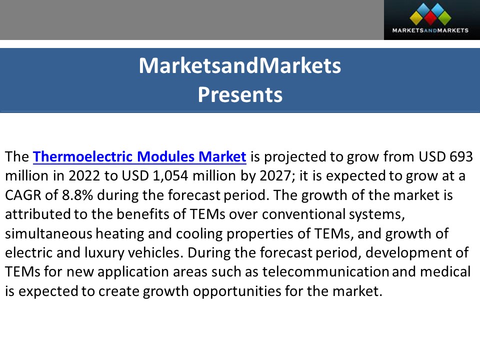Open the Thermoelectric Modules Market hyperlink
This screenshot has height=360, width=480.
(x=139, y=157)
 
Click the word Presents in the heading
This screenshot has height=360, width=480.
(x=240, y=94)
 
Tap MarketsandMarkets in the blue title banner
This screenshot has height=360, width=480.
(x=240, y=66)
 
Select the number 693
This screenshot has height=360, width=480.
(x=461, y=157)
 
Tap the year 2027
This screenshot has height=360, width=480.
(x=249, y=176)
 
